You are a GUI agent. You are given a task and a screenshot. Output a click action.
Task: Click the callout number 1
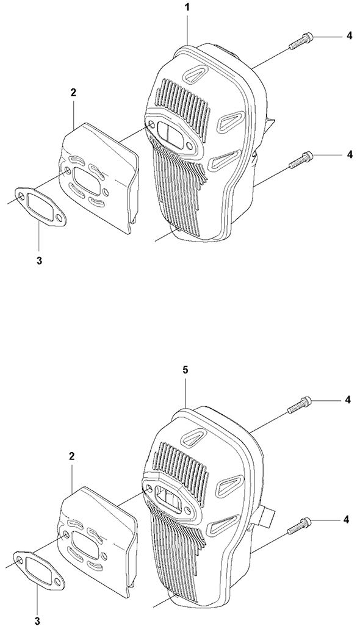(x=187, y=7)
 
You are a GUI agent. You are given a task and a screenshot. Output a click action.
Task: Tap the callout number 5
(x=185, y=370)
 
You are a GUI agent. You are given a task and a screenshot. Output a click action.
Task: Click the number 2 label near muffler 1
(x=73, y=92)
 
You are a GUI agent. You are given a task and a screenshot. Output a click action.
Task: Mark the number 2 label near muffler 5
(x=72, y=456)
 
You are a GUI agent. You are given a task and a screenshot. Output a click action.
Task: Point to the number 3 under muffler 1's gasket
(x=39, y=260)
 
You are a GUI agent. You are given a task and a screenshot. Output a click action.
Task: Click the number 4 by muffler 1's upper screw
(x=350, y=36)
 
